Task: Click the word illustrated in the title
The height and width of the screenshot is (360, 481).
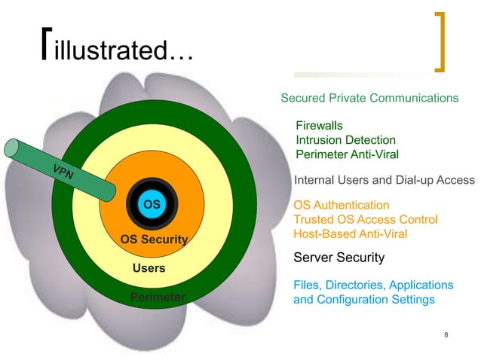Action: click(124, 51)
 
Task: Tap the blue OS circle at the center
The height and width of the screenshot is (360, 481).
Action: click(152, 204)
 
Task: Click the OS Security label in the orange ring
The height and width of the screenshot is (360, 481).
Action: click(154, 239)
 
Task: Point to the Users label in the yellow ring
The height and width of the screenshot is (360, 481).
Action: click(149, 268)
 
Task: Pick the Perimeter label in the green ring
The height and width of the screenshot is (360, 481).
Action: click(158, 297)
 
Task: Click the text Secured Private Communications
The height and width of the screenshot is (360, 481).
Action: click(369, 98)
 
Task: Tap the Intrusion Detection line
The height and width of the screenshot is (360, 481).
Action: click(345, 140)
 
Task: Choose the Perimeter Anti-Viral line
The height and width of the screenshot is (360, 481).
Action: click(347, 154)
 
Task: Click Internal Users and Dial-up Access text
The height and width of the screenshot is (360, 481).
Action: click(384, 180)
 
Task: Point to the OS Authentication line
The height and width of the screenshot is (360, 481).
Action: click(342, 205)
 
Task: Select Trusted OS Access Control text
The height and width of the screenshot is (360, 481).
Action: click(366, 219)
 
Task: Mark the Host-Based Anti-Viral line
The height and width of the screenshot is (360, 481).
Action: click(350, 234)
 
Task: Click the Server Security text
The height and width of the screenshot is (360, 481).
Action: click(339, 258)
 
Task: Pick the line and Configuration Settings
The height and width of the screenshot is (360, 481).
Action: click(363, 299)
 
